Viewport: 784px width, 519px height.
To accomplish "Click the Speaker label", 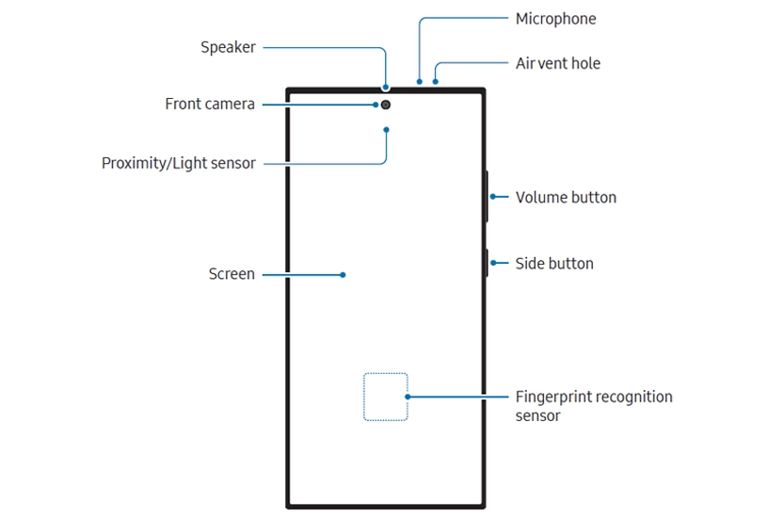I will (x=228, y=47).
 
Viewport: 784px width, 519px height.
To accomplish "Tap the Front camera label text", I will (x=210, y=105).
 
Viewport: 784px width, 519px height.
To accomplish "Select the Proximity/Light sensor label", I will (x=178, y=164).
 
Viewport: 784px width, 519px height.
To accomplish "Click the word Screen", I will (x=232, y=275).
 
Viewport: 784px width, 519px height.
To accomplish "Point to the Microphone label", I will (x=555, y=19).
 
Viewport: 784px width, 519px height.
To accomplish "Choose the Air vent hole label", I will (x=557, y=64).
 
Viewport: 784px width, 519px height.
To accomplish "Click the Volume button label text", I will (x=566, y=198).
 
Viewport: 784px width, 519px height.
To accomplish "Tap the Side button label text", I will (x=554, y=264).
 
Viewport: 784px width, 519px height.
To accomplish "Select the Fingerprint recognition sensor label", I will (x=594, y=406).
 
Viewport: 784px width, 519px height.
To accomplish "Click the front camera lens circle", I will (x=387, y=105).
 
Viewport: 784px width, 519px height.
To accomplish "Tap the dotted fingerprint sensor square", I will (x=386, y=397).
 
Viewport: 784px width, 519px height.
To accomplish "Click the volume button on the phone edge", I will (x=487, y=196).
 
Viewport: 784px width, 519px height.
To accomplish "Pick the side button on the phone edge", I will (x=487, y=263).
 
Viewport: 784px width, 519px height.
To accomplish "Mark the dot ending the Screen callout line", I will (x=343, y=275).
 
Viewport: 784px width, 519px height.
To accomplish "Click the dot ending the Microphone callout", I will (x=419, y=82).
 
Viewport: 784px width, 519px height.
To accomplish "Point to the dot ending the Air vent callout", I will (x=435, y=82).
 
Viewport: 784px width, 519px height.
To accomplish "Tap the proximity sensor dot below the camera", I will (x=387, y=129).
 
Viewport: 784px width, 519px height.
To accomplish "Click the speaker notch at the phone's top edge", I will (x=386, y=89).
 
